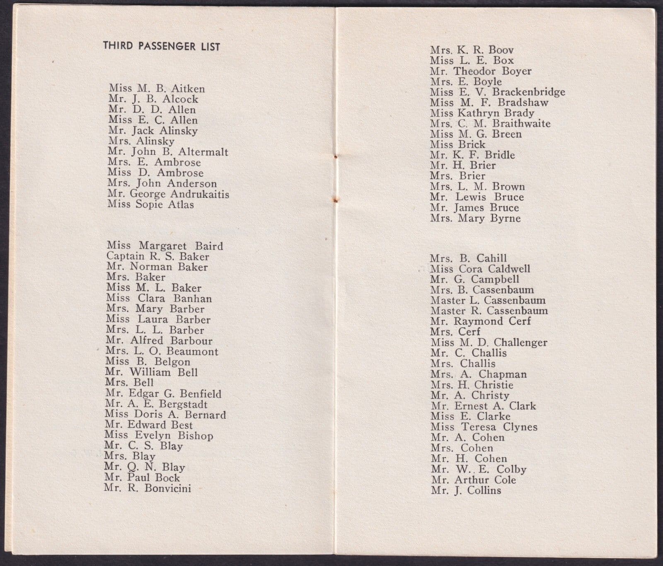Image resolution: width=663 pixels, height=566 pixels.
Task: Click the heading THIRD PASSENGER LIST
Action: click(162, 46)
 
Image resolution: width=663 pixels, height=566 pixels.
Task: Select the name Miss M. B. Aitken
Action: click(157, 89)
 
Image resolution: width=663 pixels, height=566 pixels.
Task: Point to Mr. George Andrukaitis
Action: click(168, 194)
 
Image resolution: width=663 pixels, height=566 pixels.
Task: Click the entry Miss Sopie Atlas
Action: click(150, 204)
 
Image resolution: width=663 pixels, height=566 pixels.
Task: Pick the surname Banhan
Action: click(193, 299)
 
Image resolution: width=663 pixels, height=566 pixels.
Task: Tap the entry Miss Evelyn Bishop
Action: click(159, 436)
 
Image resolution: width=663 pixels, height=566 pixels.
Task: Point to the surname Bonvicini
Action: click(167, 489)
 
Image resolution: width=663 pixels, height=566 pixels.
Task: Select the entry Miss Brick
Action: click(457, 145)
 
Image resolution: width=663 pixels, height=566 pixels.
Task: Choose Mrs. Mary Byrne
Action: click(475, 218)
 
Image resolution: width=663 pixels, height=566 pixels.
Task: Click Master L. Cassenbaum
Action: click(488, 300)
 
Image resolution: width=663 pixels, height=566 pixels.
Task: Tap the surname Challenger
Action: click(520, 343)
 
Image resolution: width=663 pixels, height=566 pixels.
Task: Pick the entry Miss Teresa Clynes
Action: click(484, 427)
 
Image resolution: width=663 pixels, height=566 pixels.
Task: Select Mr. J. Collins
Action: click(466, 491)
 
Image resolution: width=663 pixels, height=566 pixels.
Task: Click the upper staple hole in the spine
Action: click(336, 157)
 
